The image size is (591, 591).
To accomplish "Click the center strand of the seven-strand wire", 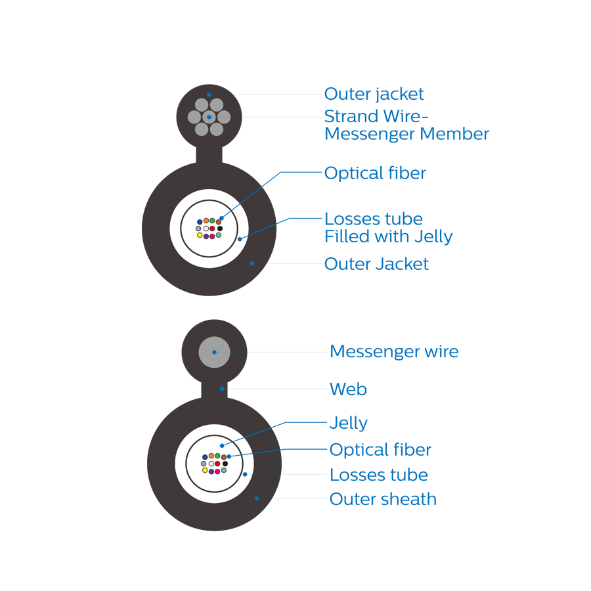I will click(209, 117).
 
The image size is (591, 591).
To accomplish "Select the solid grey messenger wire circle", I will click(214, 352).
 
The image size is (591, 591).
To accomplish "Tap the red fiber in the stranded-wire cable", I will click(212, 229).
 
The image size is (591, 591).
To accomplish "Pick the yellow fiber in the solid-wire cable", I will click(205, 470).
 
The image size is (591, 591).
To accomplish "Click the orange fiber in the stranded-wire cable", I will click(206, 221).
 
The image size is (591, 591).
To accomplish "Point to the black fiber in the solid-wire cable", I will click(225, 464).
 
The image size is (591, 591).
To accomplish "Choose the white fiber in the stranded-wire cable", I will click(206, 229).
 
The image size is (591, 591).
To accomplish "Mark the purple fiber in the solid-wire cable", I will click(211, 471).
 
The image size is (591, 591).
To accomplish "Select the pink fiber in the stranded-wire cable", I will click(212, 236).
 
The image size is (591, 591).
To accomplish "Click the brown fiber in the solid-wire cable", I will click(223, 457).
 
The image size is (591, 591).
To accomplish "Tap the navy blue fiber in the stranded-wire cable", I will click(200, 222).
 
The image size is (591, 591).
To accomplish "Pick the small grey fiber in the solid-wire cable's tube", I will click(204, 464).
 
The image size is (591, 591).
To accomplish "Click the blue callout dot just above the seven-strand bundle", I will click(209, 95).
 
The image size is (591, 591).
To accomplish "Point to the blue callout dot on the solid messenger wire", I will click(214, 352).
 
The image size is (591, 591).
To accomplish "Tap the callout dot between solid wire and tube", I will click(222, 389).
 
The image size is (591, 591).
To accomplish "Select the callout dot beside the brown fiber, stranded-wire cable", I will click(221, 218).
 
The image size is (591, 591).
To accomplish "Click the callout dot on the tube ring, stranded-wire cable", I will click(239, 239).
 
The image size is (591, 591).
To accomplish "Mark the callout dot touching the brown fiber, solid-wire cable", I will click(229, 456).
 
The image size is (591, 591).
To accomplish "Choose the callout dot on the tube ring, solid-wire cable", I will click(245, 474).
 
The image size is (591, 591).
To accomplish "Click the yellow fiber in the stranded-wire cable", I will click(200, 235).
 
